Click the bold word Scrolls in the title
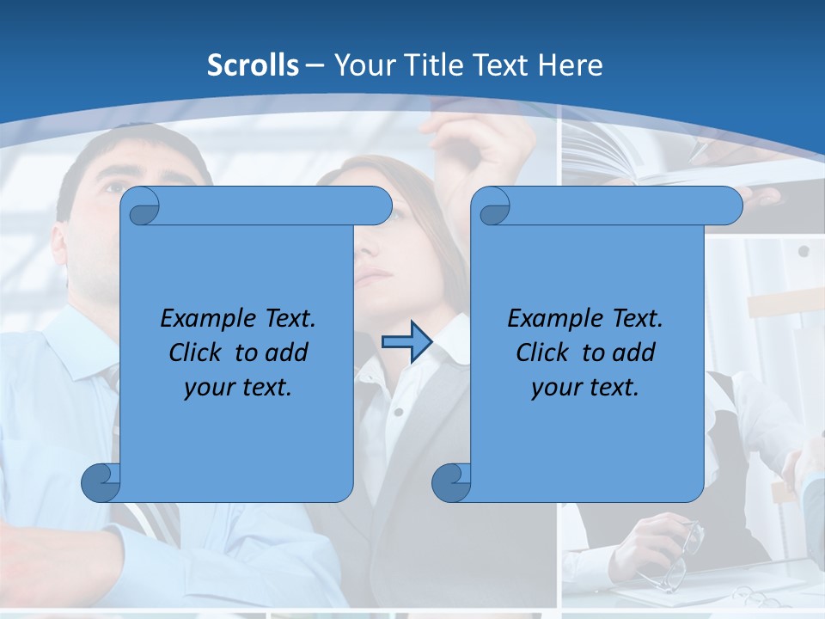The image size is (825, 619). [254, 65]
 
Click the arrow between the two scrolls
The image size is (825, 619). [406, 342]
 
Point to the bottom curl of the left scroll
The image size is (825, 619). [101, 482]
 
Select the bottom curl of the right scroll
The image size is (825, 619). [452, 482]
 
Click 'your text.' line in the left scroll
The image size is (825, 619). [238, 387]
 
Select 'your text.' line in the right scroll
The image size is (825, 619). [585, 387]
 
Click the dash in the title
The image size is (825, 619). [315, 66]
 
